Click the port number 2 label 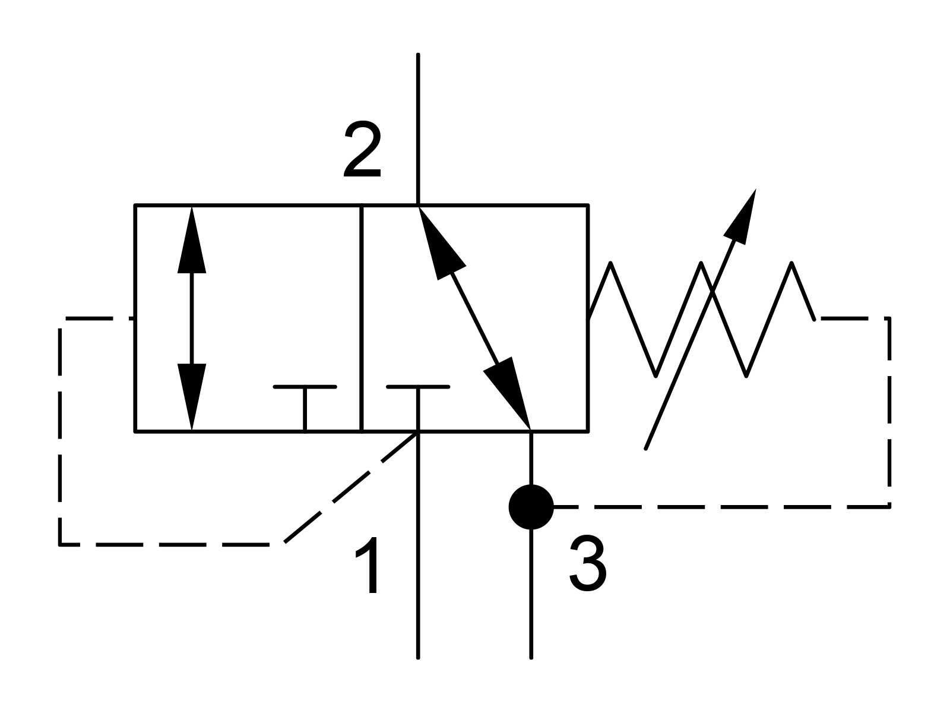click(x=362, y=152)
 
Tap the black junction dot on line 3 click(x=531, y=507)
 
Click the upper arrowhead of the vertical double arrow click(x=192, y=238)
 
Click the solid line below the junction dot click(x=531, y=594)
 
